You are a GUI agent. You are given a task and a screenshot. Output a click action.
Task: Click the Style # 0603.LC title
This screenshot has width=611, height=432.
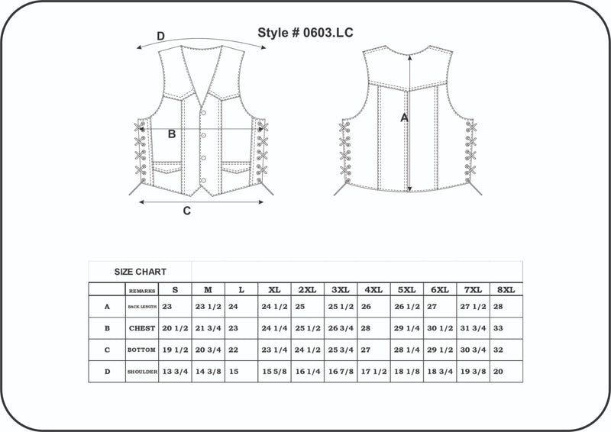[x=305, y=33]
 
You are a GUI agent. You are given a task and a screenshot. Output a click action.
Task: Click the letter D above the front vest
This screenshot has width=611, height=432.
[x=160, y=36]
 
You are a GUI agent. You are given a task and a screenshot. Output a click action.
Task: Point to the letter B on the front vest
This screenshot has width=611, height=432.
[x=172, y=134]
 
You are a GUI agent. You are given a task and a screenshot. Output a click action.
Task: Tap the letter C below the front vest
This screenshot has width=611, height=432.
[x=186, y=211]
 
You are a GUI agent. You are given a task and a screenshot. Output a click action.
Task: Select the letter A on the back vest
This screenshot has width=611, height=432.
[x=405, y=118]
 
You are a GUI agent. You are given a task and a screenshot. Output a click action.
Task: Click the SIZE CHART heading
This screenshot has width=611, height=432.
[x=141, y=272]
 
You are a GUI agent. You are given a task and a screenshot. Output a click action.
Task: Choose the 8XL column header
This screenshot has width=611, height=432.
[x=506, y=290]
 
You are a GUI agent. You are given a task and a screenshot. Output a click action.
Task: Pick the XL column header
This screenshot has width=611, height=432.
[x=273, y=290]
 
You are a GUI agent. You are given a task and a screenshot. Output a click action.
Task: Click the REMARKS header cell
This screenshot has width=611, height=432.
[x=142, y=291]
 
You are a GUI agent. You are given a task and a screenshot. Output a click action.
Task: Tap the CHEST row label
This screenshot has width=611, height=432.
[x=142, y=328]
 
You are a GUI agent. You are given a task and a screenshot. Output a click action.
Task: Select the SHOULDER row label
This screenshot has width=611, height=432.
[x=142, y=372]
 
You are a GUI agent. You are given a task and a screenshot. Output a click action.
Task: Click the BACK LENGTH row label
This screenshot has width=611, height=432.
[x=142, y=307]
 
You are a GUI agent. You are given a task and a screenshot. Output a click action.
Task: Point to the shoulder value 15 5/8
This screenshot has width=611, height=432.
[x=274, y=372]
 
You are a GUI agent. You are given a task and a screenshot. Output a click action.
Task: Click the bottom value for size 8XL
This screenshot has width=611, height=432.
[x=499, y=350]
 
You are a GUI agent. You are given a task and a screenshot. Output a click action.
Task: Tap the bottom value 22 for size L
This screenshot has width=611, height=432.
[x=234, y=350]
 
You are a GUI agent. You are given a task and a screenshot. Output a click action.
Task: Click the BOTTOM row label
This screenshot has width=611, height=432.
[x=142, y=350]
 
